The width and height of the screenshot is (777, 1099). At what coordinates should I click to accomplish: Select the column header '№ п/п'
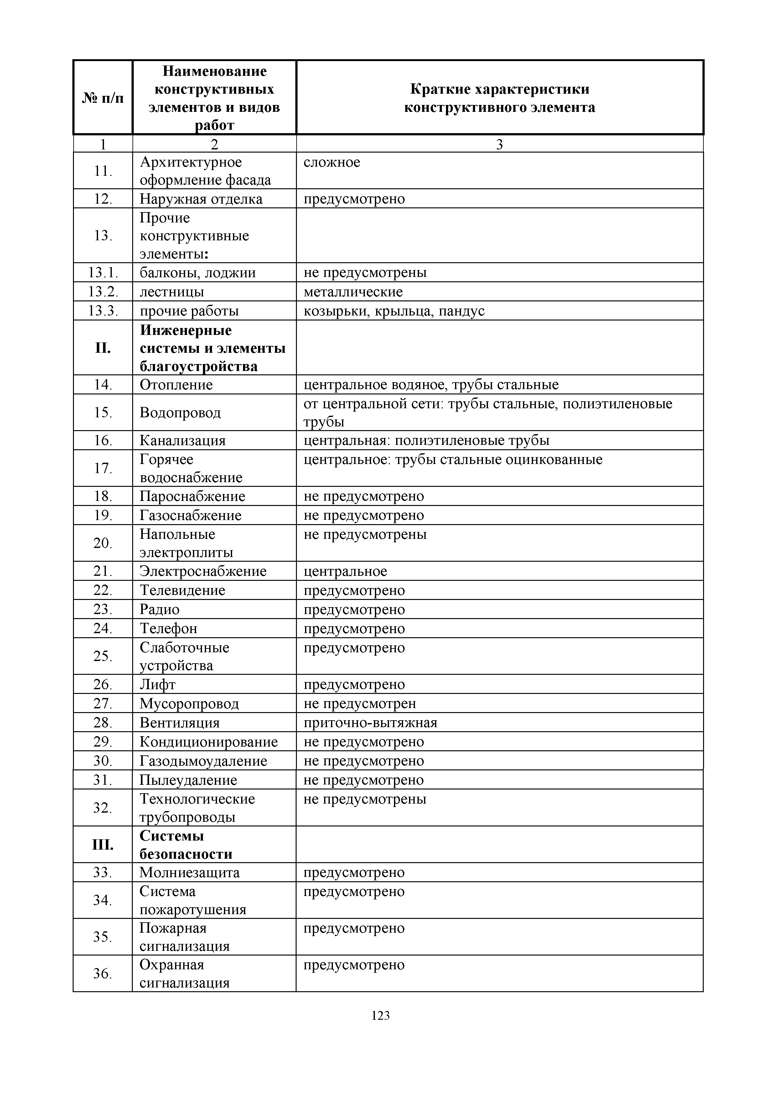(x=103, y=98)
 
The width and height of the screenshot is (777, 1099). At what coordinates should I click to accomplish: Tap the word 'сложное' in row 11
(x=332, y=162)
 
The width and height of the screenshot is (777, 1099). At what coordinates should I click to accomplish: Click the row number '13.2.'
(x=103, y=291)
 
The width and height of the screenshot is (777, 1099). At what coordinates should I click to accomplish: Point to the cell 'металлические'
(x=353, y=291)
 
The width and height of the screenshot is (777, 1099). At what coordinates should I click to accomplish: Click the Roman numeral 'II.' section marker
(x=103, y=348)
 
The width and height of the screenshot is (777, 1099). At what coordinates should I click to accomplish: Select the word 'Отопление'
(x=176, y=385)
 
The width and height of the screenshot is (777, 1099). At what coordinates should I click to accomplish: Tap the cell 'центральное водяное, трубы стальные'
(x=431, y=385)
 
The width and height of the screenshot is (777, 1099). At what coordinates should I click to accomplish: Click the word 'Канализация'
(x=182, y=440)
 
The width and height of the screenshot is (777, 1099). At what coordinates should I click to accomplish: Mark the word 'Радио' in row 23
(x=159, y=609)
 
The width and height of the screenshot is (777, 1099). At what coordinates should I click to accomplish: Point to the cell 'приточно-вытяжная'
(x=370, y=723)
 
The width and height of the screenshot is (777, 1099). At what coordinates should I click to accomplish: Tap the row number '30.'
(x=103, y=761)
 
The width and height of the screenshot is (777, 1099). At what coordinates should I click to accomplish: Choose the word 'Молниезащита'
(x=189, y=872)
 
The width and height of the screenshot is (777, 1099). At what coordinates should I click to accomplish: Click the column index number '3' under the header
(x=500, y=144)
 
